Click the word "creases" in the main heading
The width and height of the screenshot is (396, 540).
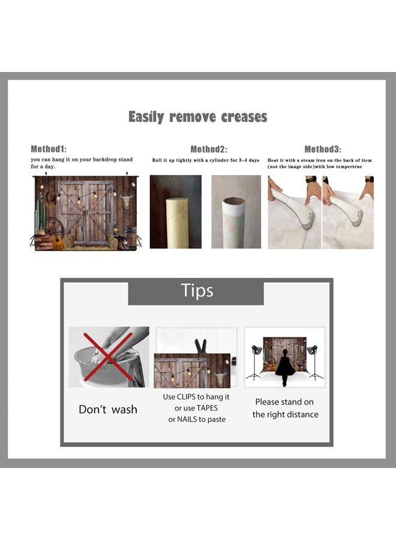pos(244,117)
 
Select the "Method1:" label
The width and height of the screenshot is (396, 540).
pos(49,149)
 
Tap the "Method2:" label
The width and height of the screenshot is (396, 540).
pos(209,149)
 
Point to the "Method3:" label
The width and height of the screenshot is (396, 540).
pos(323,149)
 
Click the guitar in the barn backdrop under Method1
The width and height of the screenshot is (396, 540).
pos(58,239)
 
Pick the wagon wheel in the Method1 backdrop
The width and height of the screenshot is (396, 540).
pos(55,227)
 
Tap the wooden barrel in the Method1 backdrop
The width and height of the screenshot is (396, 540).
pos(131,238)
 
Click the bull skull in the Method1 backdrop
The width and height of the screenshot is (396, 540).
pos(126,199)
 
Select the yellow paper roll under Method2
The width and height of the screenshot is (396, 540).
pos(178,223)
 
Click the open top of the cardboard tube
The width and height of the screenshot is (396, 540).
pos(234,202)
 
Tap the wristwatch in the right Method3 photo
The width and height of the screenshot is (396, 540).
pos(369,179)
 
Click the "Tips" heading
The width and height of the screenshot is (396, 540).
pos(197,290)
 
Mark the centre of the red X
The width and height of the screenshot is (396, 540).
pos(108,356)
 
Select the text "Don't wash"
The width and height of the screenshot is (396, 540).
pos(108,409)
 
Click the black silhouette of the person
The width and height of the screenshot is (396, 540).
pos(285,367)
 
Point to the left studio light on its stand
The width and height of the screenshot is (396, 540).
pos(256,362)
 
